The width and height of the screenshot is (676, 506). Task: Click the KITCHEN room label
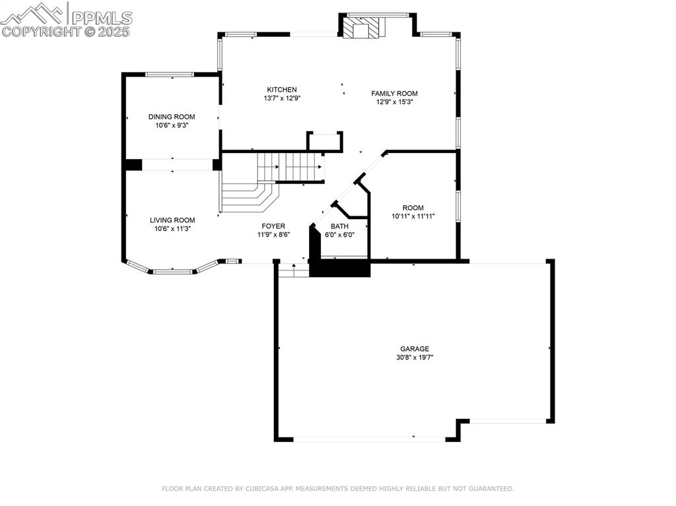[281, 90]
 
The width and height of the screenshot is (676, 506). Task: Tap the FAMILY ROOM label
[394, 94]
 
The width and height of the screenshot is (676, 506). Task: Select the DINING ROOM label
[172, 117]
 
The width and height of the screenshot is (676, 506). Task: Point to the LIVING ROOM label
[172, 220]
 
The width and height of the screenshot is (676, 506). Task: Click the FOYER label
[273, 226]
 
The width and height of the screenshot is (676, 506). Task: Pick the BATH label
[340, 226]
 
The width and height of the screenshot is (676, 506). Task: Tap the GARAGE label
[414, 349]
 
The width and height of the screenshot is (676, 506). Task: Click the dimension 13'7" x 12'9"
[281, 98]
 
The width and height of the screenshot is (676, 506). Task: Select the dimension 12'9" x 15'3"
[394, 102]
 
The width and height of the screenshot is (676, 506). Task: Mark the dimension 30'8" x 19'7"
[414, 358]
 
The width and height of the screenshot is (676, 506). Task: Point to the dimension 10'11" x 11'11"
[413, 216]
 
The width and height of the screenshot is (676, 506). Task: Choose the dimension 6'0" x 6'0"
[340, 235]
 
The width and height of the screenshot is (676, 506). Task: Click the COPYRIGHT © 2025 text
[66, 31]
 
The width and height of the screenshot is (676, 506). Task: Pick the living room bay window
[173, 270]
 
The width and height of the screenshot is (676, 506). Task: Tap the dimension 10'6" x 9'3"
[172, 125]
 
